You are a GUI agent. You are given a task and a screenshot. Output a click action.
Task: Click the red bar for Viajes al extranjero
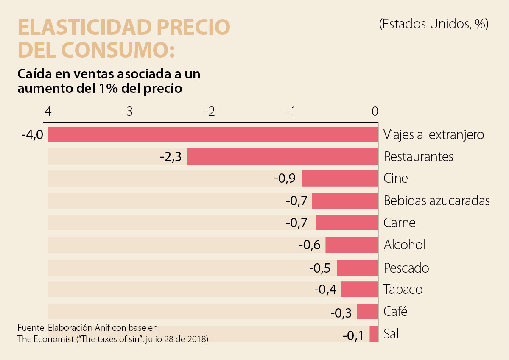pos(212,134)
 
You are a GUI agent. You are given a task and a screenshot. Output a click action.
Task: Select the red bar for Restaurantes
pos(282,156)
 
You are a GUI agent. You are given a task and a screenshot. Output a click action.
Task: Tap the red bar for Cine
pos(339,179)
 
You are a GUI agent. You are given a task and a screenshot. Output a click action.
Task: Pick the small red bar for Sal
pos(374,334)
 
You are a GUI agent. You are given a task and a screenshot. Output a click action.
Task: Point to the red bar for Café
pos(367,312)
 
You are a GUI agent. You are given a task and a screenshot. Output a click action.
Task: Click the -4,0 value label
pos(32,135)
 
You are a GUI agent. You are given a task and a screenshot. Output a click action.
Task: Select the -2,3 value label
pos(171,157)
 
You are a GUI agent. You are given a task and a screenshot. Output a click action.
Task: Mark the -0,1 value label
pos(353,335)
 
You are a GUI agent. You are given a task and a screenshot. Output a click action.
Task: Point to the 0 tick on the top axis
pos(375,112)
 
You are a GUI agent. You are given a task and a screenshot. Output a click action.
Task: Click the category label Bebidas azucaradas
pos(436,201)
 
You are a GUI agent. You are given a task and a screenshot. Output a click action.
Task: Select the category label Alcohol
pos(404,245)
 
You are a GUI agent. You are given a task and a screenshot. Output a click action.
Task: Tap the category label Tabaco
pos(403,289)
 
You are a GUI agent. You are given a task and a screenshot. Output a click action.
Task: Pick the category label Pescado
pos(406,268)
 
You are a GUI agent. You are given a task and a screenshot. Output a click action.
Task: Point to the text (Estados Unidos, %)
pos(433,24)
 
